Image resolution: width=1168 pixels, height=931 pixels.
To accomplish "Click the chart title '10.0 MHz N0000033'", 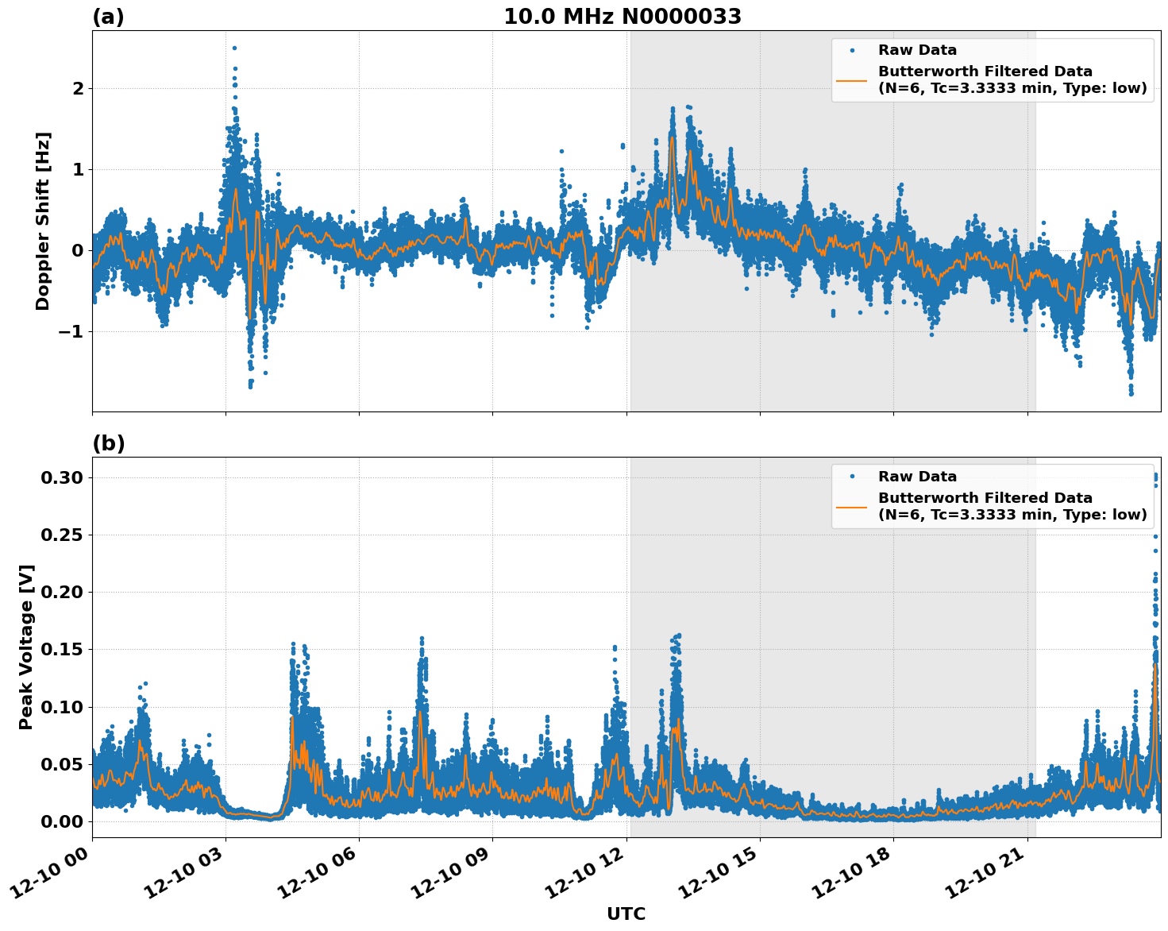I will [x=623, y=17].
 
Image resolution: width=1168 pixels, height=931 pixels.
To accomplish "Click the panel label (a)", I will [x=108, y=17].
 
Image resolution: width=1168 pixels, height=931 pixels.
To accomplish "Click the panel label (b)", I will [x=108, y=443].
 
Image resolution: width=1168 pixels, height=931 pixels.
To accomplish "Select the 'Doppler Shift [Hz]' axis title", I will [x=43, y=221].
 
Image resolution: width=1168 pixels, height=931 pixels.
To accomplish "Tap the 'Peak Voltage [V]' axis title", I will [x=27, y=647].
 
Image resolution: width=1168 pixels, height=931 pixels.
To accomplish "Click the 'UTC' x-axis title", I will [x=626, y=914].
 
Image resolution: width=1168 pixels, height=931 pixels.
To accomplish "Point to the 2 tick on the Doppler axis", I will [x=78, y=88].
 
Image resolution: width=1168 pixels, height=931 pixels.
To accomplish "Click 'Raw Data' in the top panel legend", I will [x=917, y=50].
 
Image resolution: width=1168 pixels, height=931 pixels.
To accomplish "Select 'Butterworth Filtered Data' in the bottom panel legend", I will [x=985, y=498].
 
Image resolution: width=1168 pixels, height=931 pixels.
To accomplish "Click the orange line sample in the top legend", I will [x=852, y=79].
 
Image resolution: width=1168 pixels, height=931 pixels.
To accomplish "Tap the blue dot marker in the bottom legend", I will [x=852, y=477].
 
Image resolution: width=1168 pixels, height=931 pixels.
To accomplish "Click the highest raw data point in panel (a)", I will [x=234, y=48].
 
